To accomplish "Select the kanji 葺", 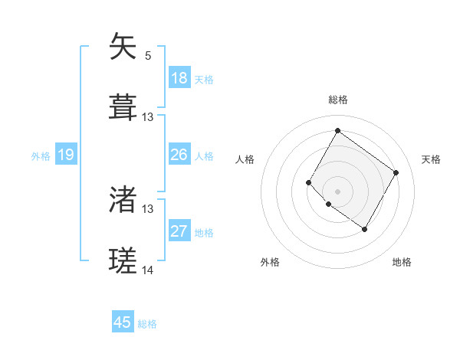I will [x=123, y=106].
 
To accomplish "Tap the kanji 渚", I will [x=123, y=200].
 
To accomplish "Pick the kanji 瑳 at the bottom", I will [x=123, y=260].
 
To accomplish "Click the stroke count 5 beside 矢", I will [x=148, y=55].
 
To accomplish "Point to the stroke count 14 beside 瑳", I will [x=148, y=270].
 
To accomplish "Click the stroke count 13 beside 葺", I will [x=148, y=117].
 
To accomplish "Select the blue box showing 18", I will [x=179, y=78].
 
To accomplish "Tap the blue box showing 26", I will [x=179, y=155].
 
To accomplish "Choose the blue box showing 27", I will [x=179, y=231].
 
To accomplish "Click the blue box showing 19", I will [x=66, y=155].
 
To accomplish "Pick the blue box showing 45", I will [x=123, y=322].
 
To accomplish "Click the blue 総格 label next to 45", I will [x=147, y=324].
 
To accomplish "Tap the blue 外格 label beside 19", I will [x=41, y=156].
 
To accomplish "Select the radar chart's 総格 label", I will [x=338, y=100].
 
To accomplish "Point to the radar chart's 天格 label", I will [x=432, y=159].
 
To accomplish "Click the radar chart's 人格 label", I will [x=245, y=159].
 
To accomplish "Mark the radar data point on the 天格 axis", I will [x=396, y=172].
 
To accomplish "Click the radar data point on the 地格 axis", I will [x=364, y=229].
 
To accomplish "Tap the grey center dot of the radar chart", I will [x=337, y=191].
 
